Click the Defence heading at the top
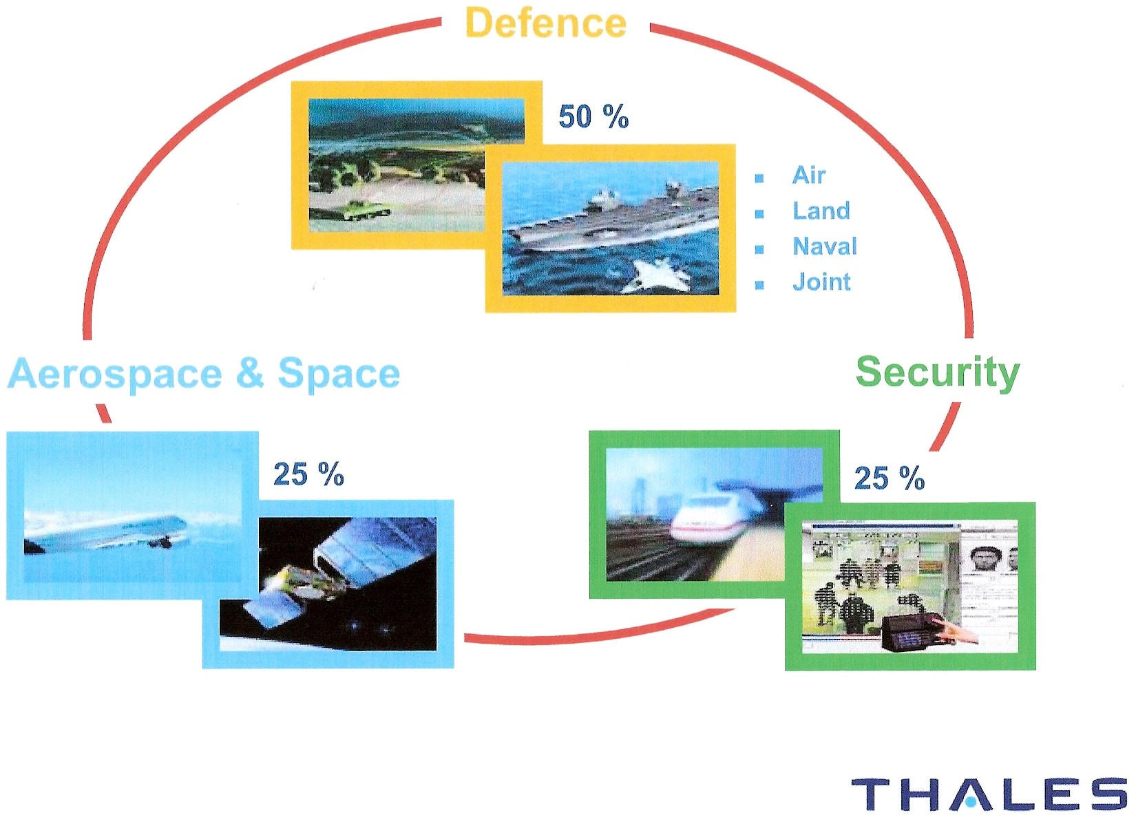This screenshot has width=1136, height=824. (x=546, y=22)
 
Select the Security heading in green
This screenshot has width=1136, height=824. (x=937, y=372)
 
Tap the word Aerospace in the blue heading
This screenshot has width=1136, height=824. (x=115, y=374)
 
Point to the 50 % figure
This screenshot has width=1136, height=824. (x=593, y=116)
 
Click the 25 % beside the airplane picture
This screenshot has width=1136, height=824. (x=308, y=474)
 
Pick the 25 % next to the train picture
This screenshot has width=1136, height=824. (x=890, y=478)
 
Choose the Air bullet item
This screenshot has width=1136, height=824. (x=809, y=176)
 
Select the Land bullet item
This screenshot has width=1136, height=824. (x=821, y=211)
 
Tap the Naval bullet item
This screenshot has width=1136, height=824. (x=825, y=246)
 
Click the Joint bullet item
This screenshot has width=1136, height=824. (x=821, y=282)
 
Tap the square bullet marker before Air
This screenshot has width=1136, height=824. (x=759, y=178)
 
